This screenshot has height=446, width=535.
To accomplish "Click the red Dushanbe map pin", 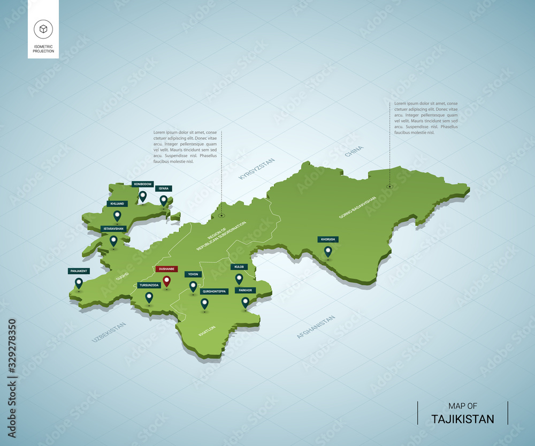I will click(166, 281).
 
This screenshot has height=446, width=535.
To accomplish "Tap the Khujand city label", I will click(117, 204).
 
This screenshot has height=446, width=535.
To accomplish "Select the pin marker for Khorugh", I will click(328, 251).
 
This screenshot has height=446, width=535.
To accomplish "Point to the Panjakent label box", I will click(79, 271).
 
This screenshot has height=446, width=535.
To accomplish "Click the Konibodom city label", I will click(143, 184).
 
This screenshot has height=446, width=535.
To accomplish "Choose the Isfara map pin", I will click(164, 201).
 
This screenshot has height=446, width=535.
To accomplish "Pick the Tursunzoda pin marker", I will click(149, 297).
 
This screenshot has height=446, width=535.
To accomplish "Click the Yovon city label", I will click(193, 274).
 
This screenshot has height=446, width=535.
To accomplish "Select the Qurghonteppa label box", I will click(214, 291).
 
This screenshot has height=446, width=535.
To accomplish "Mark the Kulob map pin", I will click(239, 278).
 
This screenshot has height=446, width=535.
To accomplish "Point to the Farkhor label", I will click(246, 290).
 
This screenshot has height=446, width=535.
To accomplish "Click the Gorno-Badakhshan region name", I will click(357, 207).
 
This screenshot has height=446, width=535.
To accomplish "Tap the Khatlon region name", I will click(207, 331).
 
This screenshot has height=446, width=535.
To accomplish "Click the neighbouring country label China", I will click(354, 151).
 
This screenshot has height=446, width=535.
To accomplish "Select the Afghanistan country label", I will click(316, 327).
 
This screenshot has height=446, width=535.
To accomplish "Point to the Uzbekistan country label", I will click(109, 332).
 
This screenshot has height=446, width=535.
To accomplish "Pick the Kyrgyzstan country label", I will click(257, 168).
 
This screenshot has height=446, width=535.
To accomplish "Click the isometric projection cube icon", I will click(43, 28).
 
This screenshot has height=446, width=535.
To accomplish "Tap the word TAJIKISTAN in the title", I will click(463, 419).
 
